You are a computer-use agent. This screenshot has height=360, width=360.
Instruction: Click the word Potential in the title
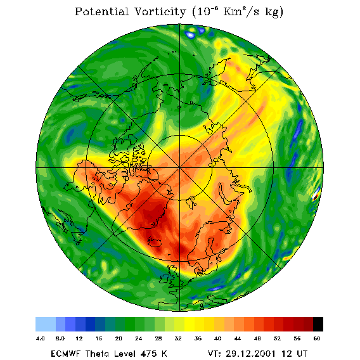(x=101, y=12)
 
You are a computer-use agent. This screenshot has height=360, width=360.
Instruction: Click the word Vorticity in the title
(x=160, y=12)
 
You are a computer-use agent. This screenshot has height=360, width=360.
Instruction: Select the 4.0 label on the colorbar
(x=41, y=338)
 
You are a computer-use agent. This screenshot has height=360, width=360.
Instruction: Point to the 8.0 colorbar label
(x=60, y=338)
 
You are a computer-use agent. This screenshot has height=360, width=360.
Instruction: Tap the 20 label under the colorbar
(x=119, y=338)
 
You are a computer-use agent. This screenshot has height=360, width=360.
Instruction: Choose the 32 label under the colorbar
(x=178, y=338)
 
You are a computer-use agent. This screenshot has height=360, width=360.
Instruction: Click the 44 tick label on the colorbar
(x=238, y=338)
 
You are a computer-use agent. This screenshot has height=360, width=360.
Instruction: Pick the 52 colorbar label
(x=277, y=338)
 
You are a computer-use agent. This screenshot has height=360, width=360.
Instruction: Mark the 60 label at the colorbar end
(x=317, y=338)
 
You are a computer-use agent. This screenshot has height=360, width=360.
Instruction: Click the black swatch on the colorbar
(x=318, y=324)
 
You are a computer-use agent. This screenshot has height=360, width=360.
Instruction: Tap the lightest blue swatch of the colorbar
(x=46, y=324)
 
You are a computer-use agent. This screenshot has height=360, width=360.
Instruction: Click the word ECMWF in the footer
(x=66, y=354)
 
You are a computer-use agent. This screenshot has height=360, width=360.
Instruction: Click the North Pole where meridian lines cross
(x=179, y=168)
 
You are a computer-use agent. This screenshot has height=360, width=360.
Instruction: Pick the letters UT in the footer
(x=301, y=354)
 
